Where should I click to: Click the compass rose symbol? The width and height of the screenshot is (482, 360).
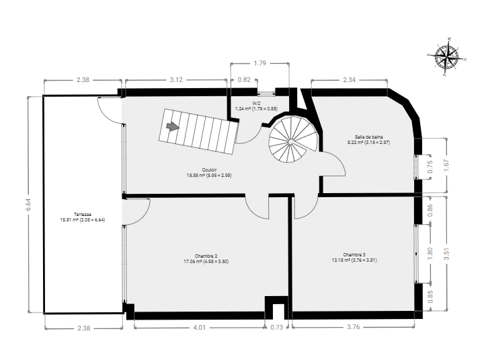pos(446,57)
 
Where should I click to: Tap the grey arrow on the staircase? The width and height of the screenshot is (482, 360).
pos(173,126)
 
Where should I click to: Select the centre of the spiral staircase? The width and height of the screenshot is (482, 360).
pos(290,142)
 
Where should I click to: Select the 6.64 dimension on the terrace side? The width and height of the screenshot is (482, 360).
pos(28,205)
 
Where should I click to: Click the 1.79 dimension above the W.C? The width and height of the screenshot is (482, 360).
pos(259,63)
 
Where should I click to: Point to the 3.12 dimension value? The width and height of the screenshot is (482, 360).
pos(176,79)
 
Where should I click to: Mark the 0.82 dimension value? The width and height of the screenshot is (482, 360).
pos(244,79)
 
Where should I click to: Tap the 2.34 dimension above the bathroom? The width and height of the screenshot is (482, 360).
pos(349,79)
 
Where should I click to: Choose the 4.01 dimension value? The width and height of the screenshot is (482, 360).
pos(199,328)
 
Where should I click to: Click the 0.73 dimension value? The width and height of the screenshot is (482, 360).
pos(276,328)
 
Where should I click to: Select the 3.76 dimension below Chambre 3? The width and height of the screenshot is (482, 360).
pos(353,327)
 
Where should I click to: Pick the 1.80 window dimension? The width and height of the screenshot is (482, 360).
pos(430,253)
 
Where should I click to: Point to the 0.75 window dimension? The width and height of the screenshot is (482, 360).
pos(430,166)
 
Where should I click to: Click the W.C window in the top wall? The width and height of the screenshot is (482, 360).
pos(266,92)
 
